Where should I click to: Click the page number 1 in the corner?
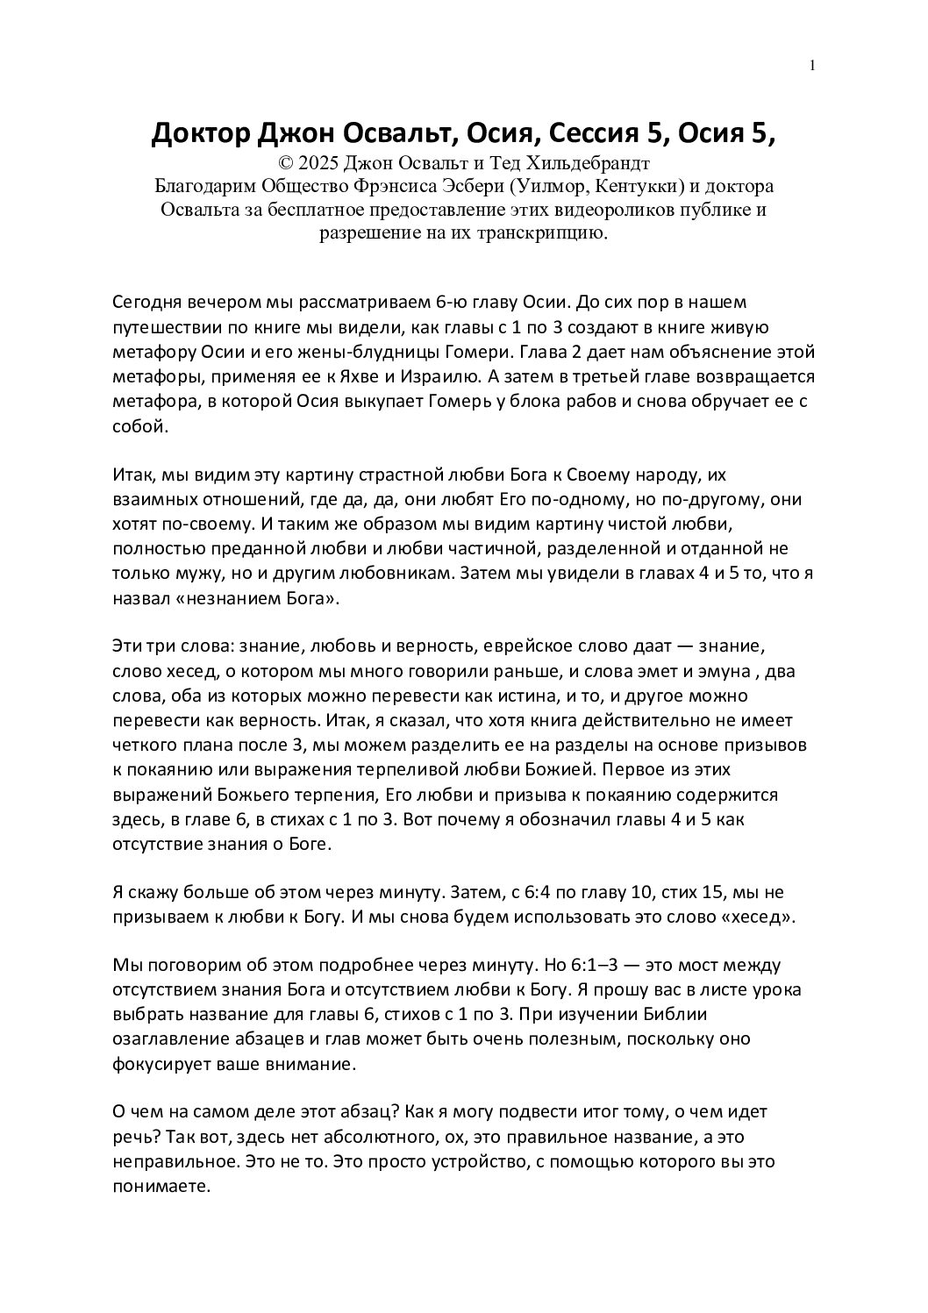(812, 65)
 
